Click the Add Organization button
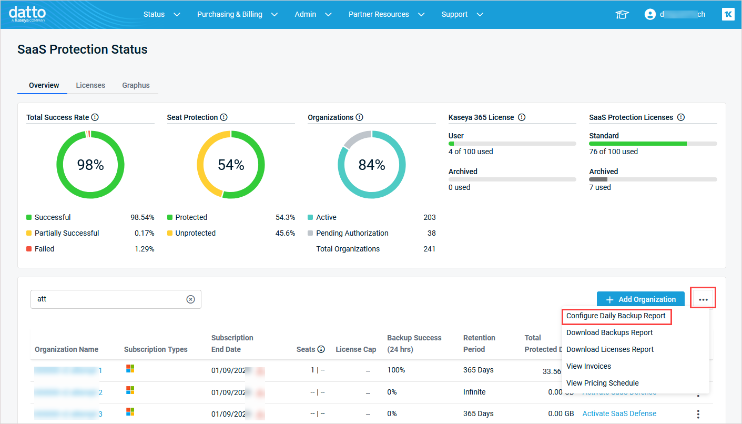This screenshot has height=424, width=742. (641, 299)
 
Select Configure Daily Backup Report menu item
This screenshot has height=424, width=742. (616, 316)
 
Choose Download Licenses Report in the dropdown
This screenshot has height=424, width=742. (610, 349)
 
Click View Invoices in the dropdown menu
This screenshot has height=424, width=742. (588, 366)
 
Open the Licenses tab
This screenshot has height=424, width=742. (90, 85)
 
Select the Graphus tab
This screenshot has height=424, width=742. (136, 85)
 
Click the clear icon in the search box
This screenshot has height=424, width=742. (190, 299)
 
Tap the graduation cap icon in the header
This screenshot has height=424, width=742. (622, 15)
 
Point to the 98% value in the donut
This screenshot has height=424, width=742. (90, 165)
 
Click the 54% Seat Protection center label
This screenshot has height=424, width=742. (231, 165)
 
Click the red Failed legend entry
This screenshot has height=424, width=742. (44, 249)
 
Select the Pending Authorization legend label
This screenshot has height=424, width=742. (352, 233)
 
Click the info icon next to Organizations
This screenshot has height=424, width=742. (359, 117)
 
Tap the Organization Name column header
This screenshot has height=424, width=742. (66, 349)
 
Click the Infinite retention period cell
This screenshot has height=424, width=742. (474, 392)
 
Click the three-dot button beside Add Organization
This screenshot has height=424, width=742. (703, 299)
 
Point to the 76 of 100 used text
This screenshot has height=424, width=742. (613, 152)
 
